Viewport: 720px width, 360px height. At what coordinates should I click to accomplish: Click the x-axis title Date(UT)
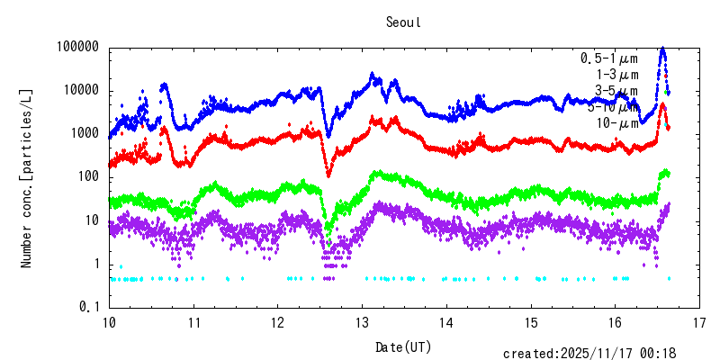402,346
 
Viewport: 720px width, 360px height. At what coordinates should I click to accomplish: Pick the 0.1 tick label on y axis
88,307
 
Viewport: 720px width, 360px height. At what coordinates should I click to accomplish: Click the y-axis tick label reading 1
94,264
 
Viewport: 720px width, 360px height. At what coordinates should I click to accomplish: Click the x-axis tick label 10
109,322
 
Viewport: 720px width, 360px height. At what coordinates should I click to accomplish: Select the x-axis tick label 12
277,322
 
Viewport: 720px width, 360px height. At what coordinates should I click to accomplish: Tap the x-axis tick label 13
362,322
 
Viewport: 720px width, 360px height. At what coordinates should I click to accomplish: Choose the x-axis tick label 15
531,322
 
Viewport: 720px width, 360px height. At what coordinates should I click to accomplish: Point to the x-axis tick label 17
699,322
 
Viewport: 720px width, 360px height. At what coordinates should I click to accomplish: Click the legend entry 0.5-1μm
609,58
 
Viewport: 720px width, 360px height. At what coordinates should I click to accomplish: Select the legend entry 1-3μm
617,75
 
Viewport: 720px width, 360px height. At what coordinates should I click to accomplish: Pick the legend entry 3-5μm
616,91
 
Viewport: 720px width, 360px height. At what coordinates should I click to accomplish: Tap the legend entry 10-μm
616,123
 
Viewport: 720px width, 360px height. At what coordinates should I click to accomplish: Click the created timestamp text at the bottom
589,354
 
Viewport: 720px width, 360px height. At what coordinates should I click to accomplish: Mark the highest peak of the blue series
663,49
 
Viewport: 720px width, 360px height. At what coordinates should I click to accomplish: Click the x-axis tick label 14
446,322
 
